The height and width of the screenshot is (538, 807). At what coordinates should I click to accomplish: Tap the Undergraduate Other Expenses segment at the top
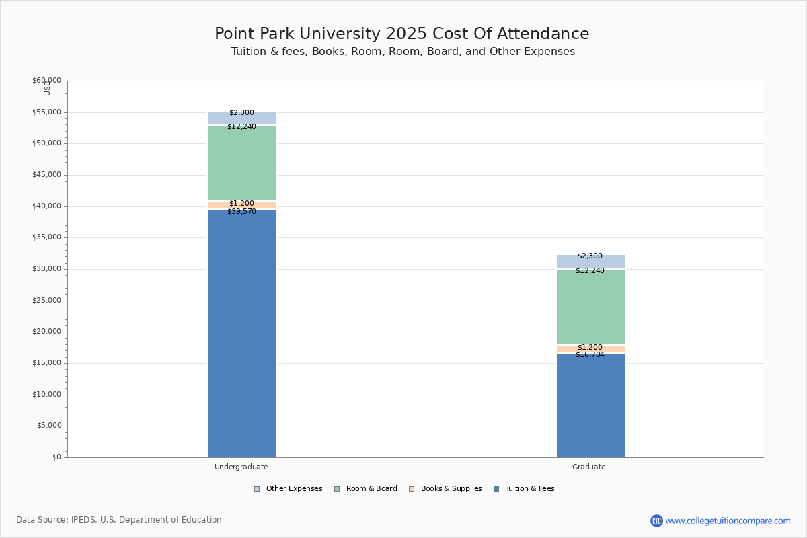(242, 118)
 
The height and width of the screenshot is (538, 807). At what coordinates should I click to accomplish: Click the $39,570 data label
(241, 212)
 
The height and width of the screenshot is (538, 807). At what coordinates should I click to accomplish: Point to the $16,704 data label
(590, 355)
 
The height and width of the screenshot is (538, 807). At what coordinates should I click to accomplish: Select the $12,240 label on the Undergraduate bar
(241, 127)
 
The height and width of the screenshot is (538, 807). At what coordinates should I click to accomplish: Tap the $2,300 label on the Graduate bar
(590, 256)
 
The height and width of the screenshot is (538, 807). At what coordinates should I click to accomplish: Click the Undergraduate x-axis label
(241, 467)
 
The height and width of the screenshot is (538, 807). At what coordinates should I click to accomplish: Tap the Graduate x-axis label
(589, 467)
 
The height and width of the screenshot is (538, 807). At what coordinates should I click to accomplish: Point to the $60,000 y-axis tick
(46, 81)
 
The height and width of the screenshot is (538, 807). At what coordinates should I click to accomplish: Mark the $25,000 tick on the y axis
(46, 301)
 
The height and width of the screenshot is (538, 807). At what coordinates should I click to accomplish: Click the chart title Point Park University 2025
(402, 34)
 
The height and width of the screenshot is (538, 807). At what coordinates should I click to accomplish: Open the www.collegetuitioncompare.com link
(728, 521)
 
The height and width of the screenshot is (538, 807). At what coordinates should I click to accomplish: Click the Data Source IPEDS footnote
(119, 520)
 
